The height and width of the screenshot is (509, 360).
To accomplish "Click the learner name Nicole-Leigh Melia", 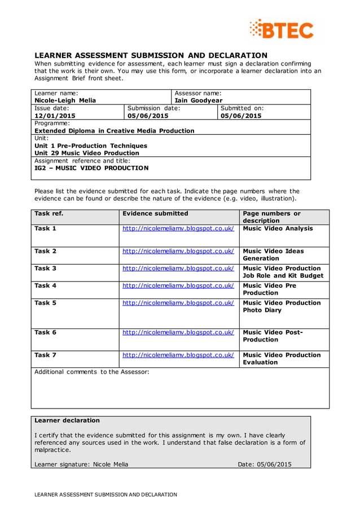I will (65, 100).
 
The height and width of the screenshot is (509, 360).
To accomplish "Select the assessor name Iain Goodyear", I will (198, 100).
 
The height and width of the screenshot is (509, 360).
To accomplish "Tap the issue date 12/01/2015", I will (55, 116).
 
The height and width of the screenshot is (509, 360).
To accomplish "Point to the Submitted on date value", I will (241, 116).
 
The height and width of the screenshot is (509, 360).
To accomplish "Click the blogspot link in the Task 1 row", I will (178, 229).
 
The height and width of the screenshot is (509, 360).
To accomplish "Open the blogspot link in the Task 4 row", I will (178, 286).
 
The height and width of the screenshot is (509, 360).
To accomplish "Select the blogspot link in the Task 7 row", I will (178, 355).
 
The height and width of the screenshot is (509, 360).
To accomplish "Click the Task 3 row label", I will (45, 268).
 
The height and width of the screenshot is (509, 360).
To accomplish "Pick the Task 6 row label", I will (45, 332).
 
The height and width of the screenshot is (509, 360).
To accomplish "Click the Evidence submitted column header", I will (155, 213).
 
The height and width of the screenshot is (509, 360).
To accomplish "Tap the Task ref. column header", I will (49, 213).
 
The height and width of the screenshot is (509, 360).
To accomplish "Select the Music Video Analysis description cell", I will (278, 229).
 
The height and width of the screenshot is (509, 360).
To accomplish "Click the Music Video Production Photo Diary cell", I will (282, 306).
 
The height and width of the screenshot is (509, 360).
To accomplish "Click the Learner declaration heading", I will (67, 420).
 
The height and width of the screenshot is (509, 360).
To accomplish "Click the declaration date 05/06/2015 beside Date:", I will (273, 464).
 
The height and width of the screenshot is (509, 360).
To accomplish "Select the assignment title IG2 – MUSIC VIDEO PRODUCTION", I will (91, 168).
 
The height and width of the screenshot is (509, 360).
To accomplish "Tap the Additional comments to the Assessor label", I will (92, 372).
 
